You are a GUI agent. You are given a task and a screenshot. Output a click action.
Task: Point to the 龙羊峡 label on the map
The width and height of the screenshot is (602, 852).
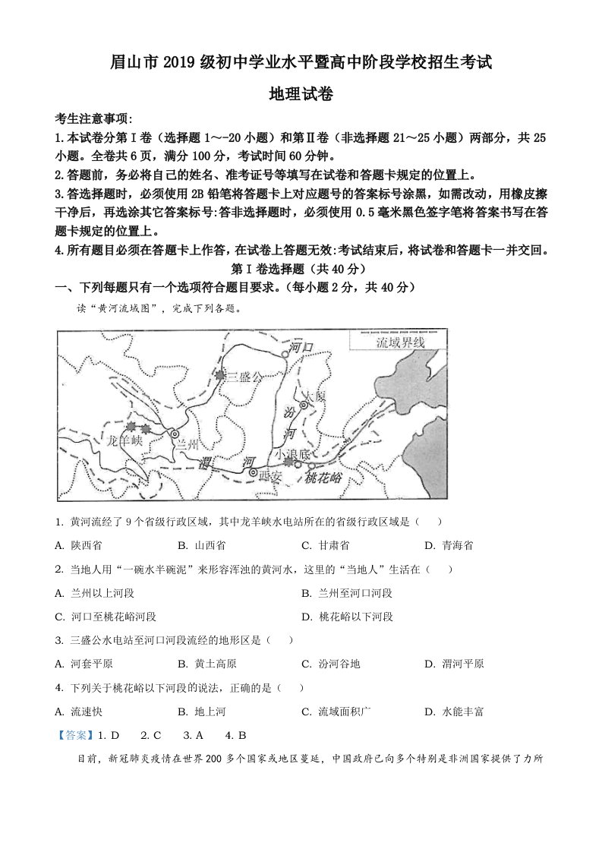[124, 440]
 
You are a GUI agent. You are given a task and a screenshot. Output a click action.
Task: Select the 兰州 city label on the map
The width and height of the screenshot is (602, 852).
[187, 446]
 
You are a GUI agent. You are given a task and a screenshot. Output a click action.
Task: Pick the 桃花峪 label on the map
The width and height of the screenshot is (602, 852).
[324, 477]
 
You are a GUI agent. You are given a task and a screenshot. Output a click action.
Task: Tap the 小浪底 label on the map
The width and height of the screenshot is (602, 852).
[293, 454]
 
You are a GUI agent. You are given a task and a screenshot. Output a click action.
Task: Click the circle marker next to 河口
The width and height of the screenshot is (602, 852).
[285, 354]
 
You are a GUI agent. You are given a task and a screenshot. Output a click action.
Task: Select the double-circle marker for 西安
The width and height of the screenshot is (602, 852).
[253, 472]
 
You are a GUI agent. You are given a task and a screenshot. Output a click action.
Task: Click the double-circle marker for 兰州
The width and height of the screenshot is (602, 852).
[175, 433]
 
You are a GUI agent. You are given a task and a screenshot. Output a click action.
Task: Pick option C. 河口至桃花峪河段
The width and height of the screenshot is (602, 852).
[106, 617]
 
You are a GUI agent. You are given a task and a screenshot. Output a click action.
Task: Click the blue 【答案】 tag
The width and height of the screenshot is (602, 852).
[72, 735]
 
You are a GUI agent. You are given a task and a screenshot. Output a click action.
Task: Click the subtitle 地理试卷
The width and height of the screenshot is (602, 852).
[301, 94]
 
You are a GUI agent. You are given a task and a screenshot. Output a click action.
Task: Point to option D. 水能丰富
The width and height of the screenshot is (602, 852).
[454, 712]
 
